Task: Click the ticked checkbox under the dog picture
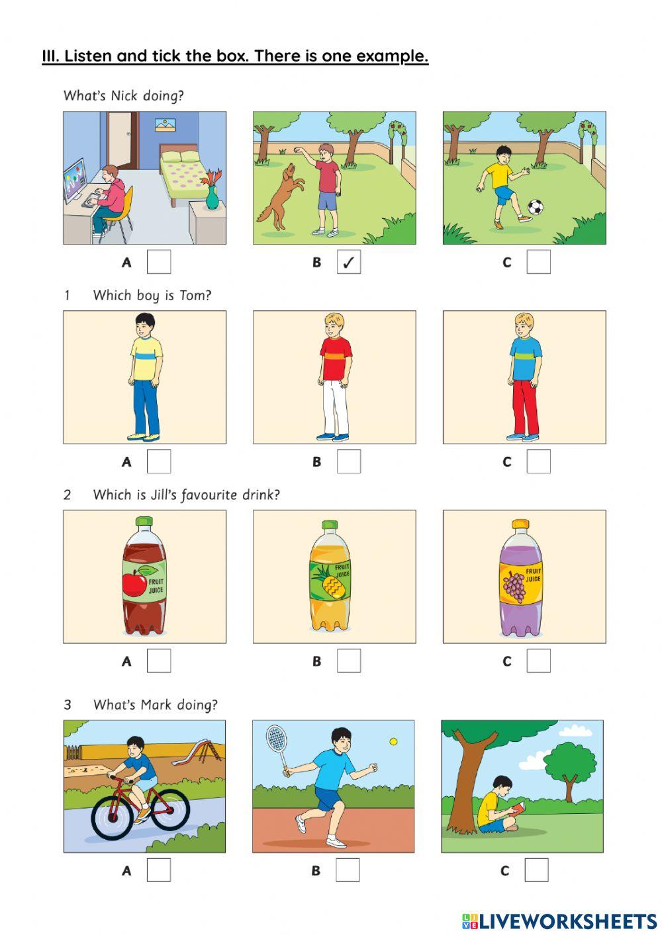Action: tap(349, 263)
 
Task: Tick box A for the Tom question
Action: tap(159, 462)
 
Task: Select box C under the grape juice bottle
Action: tap(538, 661)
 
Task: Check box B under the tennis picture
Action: tap(348, 870)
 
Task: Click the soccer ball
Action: tap(535, 207)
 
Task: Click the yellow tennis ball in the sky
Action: tap(394, 742)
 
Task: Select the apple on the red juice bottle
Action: tap(134, 584)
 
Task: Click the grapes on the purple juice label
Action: tap(514, 587)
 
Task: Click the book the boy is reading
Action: tap(519, 808)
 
